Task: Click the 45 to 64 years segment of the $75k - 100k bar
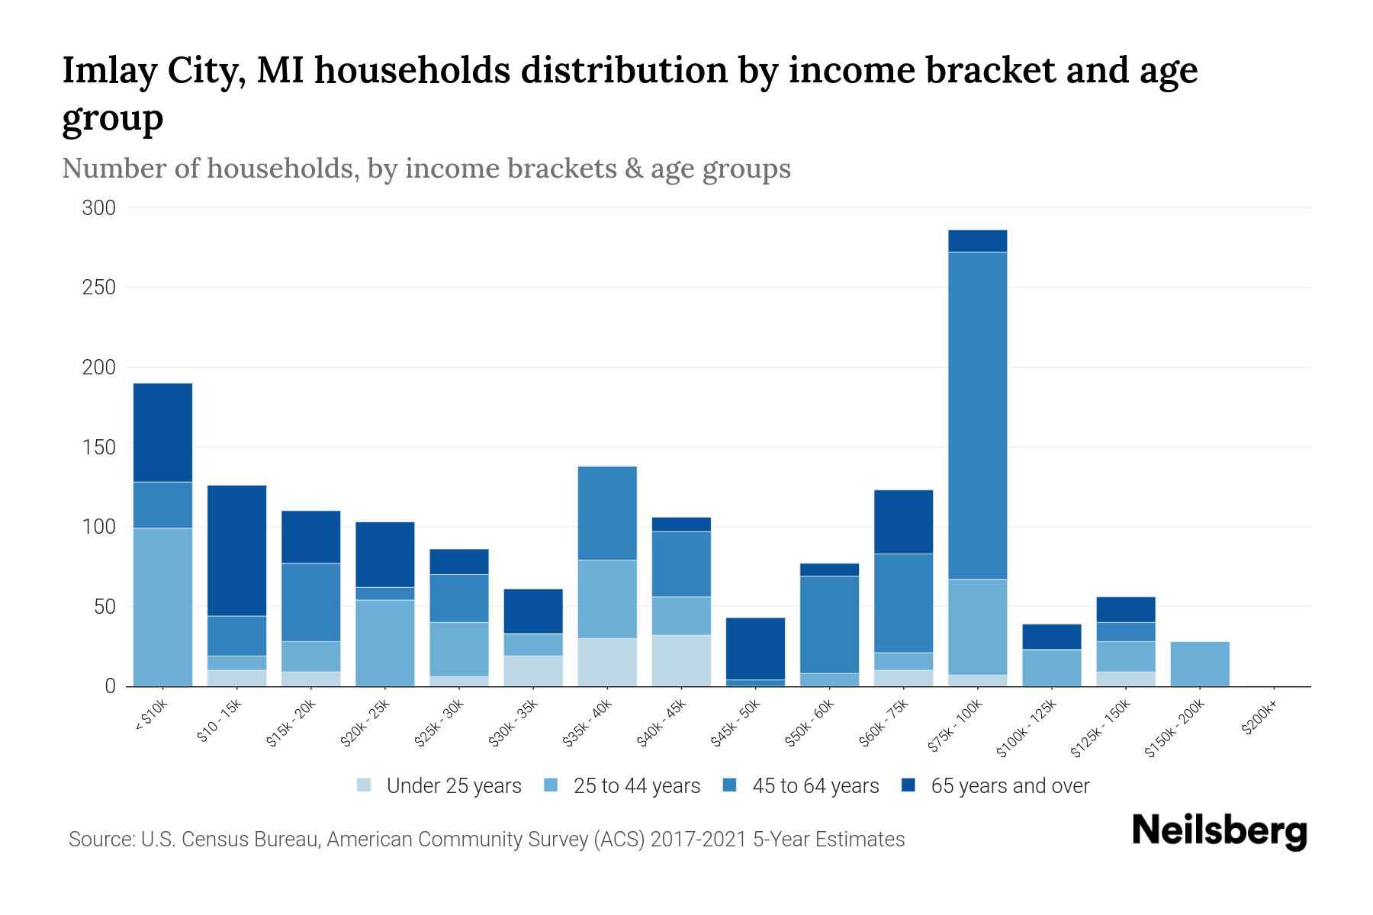click(x=977, y=416)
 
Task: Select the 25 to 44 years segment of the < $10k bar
click(x=162, y=607)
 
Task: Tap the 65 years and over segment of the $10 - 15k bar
click(x=236, y=551)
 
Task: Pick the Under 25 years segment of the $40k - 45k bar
click(x=681, y=660)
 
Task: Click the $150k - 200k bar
click(x=1199, y=664)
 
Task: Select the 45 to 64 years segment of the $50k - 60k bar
click(x=829, y=624)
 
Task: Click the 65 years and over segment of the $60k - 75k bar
click(x=903, y=522)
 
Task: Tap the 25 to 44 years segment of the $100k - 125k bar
click(x=1051, y=668)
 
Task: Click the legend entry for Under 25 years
click(x=453, y=786)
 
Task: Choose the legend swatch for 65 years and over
click(x=908, y=785)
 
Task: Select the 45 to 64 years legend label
click(x=815, y=786)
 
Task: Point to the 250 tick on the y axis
click(x=98, y=287)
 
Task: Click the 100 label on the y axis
click(x=98, y=527)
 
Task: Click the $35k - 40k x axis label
click(x=587, y=724)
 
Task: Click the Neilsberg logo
click(x=1219, y=831)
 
